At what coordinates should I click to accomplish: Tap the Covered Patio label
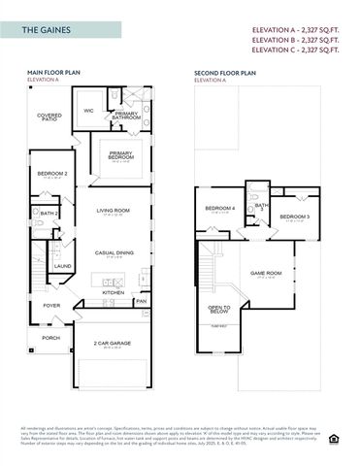[x=49, y=117]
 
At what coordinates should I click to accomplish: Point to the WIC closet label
[x=88, y=111]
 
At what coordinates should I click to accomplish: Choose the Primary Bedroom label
[x=121, y=155]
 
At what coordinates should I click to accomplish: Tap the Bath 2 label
[x=50, y=213]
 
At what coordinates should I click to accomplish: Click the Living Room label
[x=113, y=211]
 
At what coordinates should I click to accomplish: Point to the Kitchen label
[x=114, y=292]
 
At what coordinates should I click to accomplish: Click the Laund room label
[x=62, y=266]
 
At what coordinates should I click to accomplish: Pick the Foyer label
[x=51, y=305]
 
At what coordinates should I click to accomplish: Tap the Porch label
[x=50, y=338]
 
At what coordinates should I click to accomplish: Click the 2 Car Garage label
[x=112, y=344]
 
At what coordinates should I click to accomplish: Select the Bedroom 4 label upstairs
[x=219, y=209]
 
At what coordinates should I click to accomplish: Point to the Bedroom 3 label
[x=294, y=216]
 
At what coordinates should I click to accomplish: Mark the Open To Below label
[x=219, y=310]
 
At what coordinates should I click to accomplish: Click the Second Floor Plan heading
[x=225, y=73]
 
